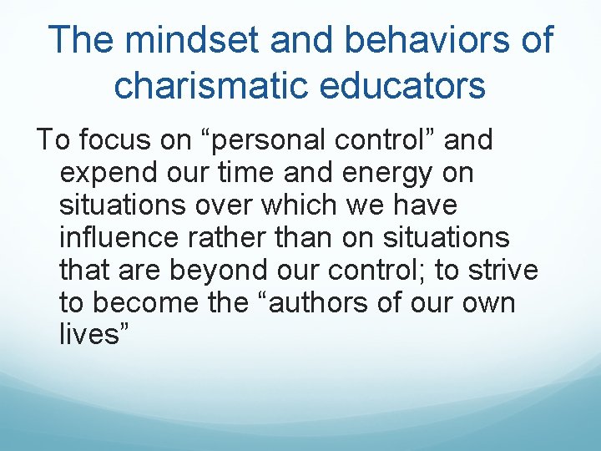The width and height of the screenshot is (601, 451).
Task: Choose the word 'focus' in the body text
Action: click(116, 140)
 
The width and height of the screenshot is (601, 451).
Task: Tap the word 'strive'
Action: click(504, 270)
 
